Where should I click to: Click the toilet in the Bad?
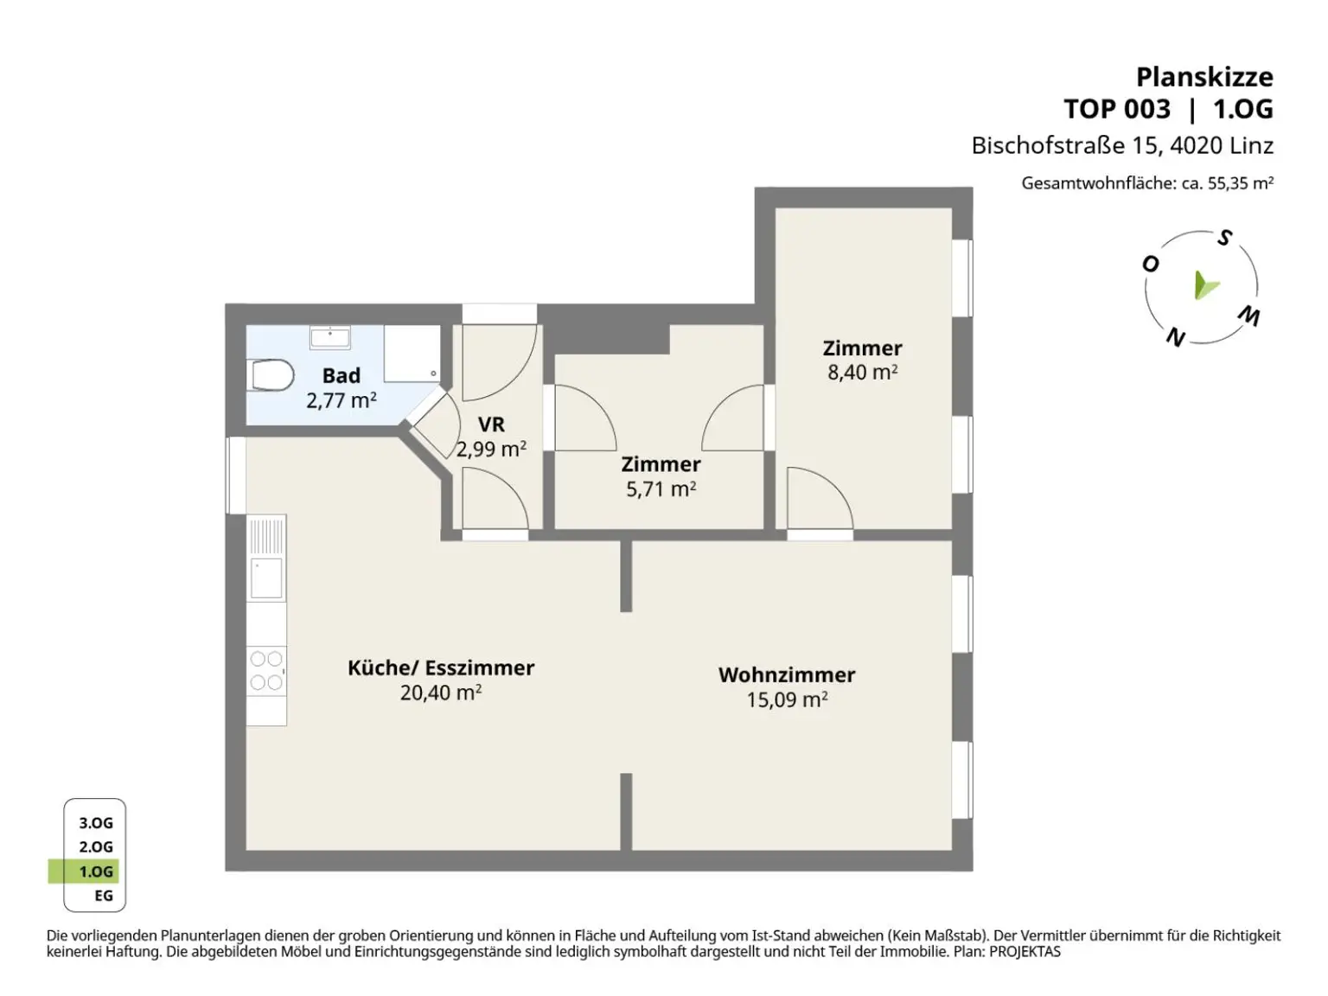(271, 375)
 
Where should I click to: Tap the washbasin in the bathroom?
(329, 337)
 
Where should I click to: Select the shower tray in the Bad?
(412, 354)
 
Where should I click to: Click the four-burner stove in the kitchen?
(267, 671)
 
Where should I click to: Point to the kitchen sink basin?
(267, 578)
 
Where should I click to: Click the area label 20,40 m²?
(440, 693)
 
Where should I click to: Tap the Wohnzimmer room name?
(787, 675)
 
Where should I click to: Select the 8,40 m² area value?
(862, 372)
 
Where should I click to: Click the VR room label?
(491, 425)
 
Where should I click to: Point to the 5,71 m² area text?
(661, 488)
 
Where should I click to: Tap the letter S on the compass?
(1224, 239)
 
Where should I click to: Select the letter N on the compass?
(1176, 337)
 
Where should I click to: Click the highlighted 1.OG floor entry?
(96, 871)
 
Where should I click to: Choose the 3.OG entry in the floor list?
(96, 823)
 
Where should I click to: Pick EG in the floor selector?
(104, 896)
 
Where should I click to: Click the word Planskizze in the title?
(1204, 78)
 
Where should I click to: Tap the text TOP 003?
(1117, 110)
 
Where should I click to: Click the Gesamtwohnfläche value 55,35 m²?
(1241, 183)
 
